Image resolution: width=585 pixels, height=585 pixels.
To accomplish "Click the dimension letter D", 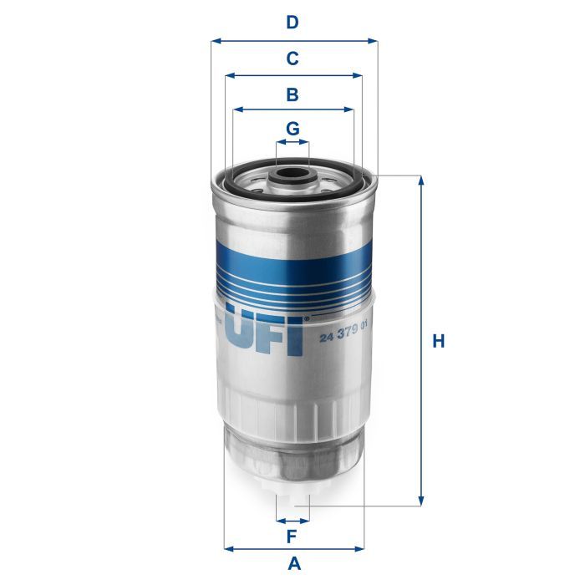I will (x=292, y=23).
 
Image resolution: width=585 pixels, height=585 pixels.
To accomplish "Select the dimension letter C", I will (x=292, y=58).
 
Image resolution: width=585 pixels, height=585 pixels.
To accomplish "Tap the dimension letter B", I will (x=292, y=94).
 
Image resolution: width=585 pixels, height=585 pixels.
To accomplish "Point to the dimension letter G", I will (x=292, y=129).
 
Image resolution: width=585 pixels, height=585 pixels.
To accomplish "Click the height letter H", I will (x=439, y=341).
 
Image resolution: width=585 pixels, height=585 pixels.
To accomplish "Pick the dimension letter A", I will (x=293, y=564).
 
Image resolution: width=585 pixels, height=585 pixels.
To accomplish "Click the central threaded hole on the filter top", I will (x=292, y=176).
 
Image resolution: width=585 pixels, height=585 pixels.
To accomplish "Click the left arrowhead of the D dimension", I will (x=215, y=40).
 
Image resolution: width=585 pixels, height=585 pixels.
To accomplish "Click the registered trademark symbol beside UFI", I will (x=307, y=318).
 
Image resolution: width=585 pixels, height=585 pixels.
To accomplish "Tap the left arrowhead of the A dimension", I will (x=228, y=548).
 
